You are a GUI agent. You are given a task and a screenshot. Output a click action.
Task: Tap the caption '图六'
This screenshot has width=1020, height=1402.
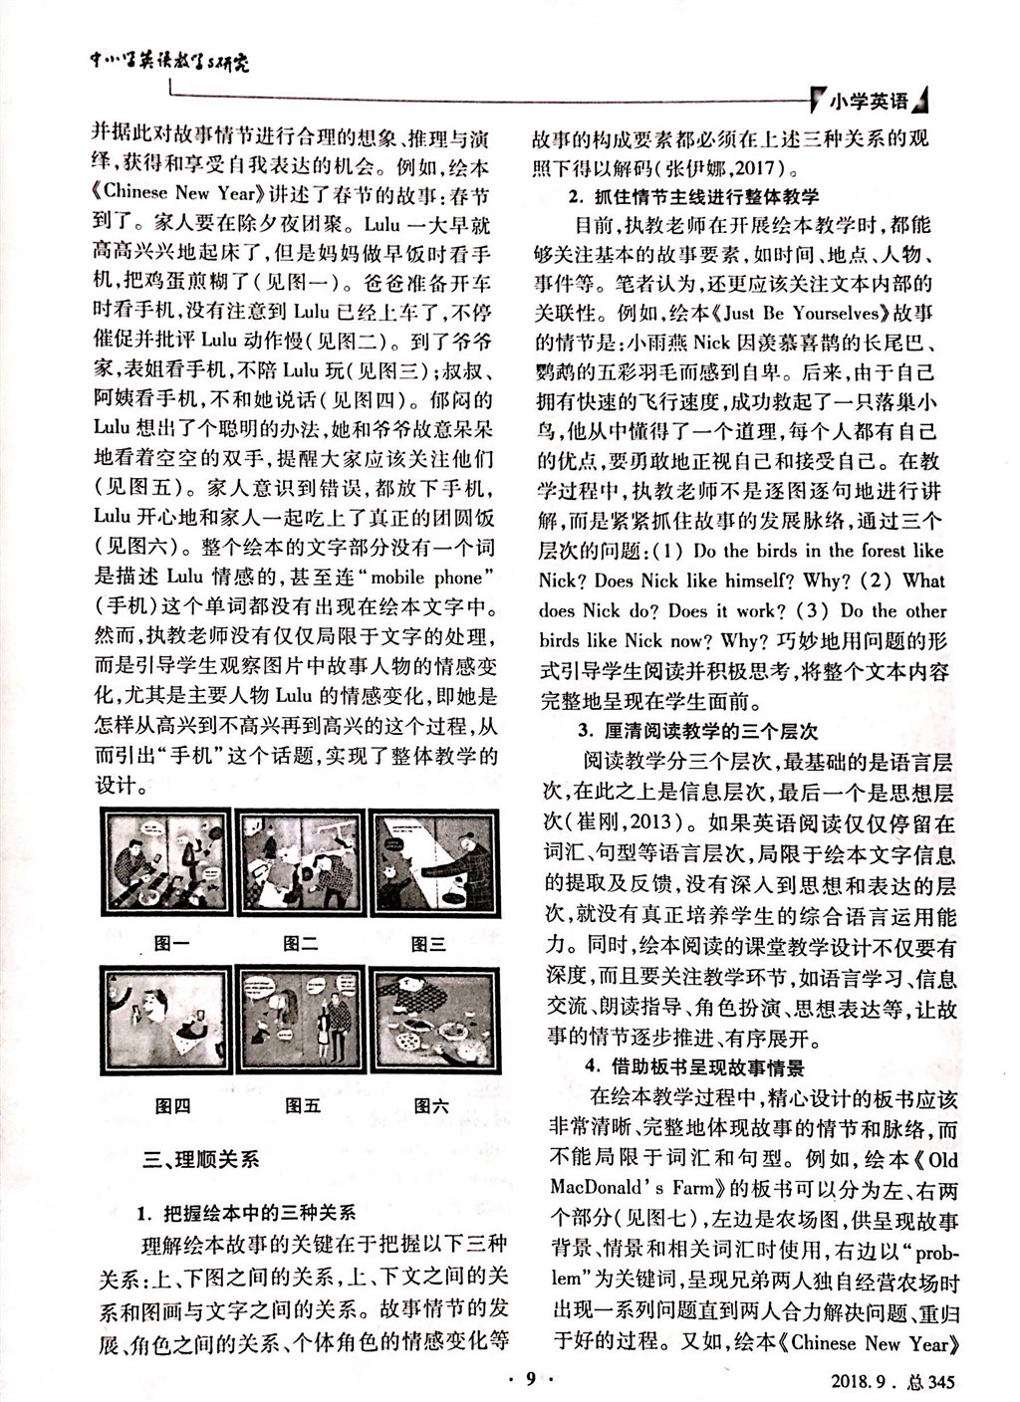coord(430,1105)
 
